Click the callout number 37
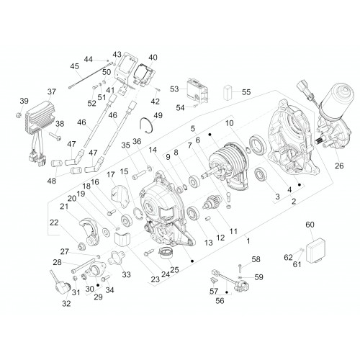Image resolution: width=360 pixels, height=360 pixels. click(52, 91)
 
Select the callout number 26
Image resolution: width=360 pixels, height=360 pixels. click(339, 166)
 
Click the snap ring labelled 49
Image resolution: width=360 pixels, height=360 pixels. click(148, 124)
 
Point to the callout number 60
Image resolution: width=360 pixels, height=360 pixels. click(310, 225)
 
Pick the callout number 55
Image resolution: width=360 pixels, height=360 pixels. click(246, 92)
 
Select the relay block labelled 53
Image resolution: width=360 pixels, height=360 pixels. click(197, 89)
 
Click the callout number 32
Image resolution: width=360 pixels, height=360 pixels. click(66, 303)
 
